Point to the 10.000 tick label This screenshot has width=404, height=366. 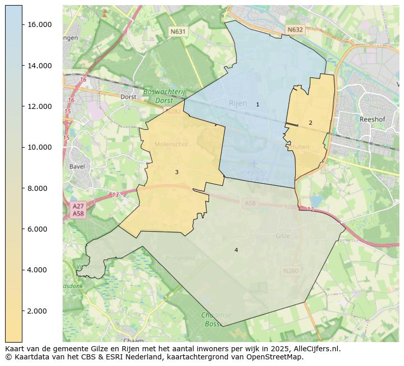39,147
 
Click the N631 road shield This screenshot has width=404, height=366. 178,32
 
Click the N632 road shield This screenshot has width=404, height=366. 295,30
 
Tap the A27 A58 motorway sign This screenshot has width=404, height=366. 78,210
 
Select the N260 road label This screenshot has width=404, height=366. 291,271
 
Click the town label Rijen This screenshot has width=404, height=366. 238,103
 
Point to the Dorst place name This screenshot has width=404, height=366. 128,97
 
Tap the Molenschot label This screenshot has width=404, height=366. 171,145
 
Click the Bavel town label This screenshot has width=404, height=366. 78,166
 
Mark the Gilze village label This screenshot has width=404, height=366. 282,236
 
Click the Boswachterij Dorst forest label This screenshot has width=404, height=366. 164,96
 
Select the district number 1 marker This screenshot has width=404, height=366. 257,104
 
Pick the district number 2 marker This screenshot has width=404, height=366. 310,123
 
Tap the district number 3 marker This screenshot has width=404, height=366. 177,172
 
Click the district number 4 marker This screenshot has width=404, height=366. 236,250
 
